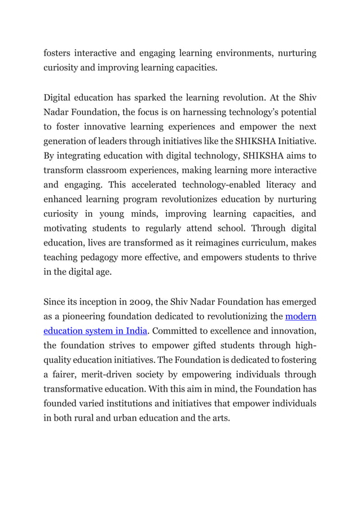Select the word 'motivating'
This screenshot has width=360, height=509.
pyautogui.click(x=69, y=229)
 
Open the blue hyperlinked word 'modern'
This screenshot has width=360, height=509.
pyautogui.click(x=301, y=317)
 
